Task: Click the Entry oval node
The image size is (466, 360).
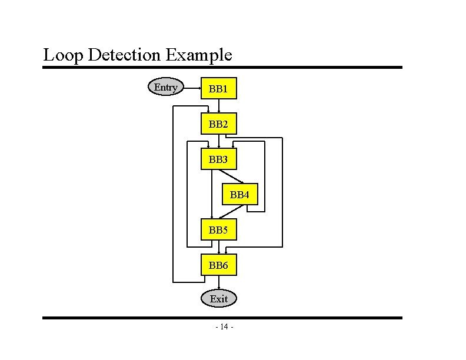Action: [x=165, y=88]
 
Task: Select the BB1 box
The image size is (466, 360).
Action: [x=218, y=89]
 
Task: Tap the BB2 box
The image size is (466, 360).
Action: [x=218, y=124]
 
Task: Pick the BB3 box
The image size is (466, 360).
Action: [x=218, y=159]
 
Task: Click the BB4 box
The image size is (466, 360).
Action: [x=239, y=194]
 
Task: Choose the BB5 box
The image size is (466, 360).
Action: [x=218, y=229]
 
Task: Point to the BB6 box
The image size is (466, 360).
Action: [x=218, y=265]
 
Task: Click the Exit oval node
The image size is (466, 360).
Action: [x=218, y=299]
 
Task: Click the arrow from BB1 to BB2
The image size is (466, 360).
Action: [x=219, y=106]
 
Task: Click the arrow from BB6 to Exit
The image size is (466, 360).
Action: [x=219, y=284]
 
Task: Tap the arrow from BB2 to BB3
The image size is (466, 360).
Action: [x=219, y=142]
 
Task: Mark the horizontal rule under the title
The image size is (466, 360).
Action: [x=222, y=67]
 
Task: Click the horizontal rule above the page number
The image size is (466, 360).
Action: [x=222, y=318]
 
